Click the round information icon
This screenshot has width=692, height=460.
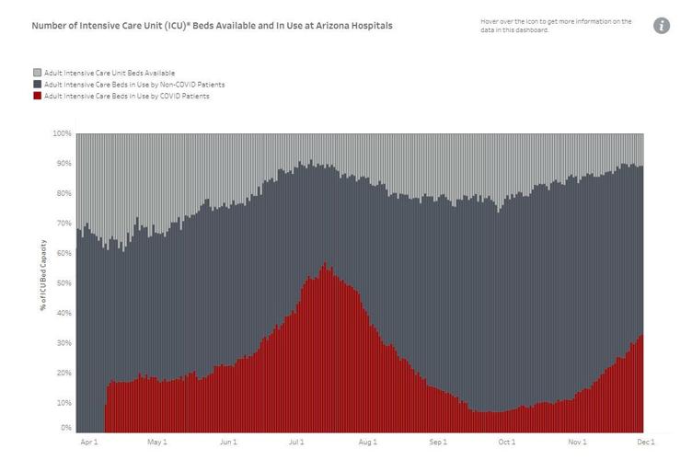click(662, 26)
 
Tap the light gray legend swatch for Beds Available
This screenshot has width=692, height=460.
click(36, 72)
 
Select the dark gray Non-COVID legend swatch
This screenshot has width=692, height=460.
click(36, 84)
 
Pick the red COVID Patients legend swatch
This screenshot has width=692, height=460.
click(36, 96)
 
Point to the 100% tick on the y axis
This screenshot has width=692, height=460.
click(62, 133)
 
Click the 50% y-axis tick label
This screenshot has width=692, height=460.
click(63, 283)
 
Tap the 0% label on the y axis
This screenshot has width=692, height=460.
click(65, 428)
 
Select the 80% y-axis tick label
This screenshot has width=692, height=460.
click(63, 193)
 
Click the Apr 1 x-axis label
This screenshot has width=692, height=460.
click(88, 443)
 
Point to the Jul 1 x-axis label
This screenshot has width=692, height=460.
click(297, 443)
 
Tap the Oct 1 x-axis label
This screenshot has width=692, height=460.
click(507, 443)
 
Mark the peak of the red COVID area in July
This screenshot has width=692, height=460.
click(324, 264)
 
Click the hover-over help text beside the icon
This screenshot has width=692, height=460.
click(556, 26)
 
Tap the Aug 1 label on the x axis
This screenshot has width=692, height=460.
click(368, 443)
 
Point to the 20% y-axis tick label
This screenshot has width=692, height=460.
click(63, 373)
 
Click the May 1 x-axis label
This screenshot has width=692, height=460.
click(158, 443)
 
